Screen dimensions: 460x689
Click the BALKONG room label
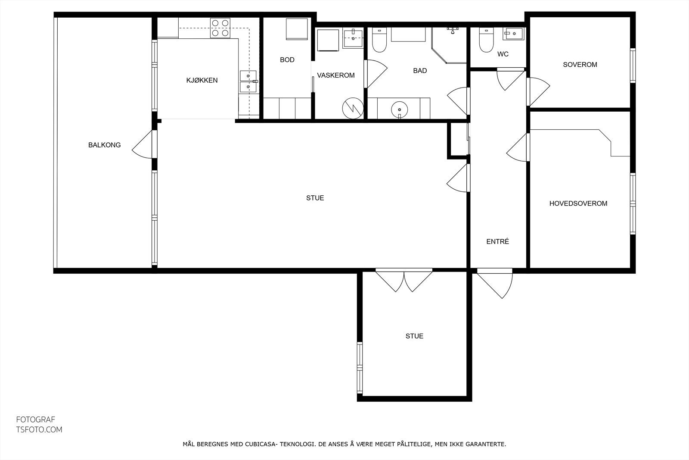(104, 145)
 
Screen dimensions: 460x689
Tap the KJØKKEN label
(202, 80)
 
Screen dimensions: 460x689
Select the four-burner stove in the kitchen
(220, 28)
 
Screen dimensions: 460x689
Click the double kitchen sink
(248, 81)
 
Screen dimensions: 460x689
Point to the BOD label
(287, 60)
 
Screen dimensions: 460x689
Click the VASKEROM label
(336, 75)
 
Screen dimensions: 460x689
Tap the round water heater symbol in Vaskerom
(352, 108)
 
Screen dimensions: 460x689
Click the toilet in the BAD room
(379, 40)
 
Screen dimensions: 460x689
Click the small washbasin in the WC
(514, 33)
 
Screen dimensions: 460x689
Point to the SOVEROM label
(580, 65)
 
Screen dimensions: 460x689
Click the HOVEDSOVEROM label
(578, 203)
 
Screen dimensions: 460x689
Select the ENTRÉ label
(498, 242)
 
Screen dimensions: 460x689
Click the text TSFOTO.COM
(39, 429)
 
